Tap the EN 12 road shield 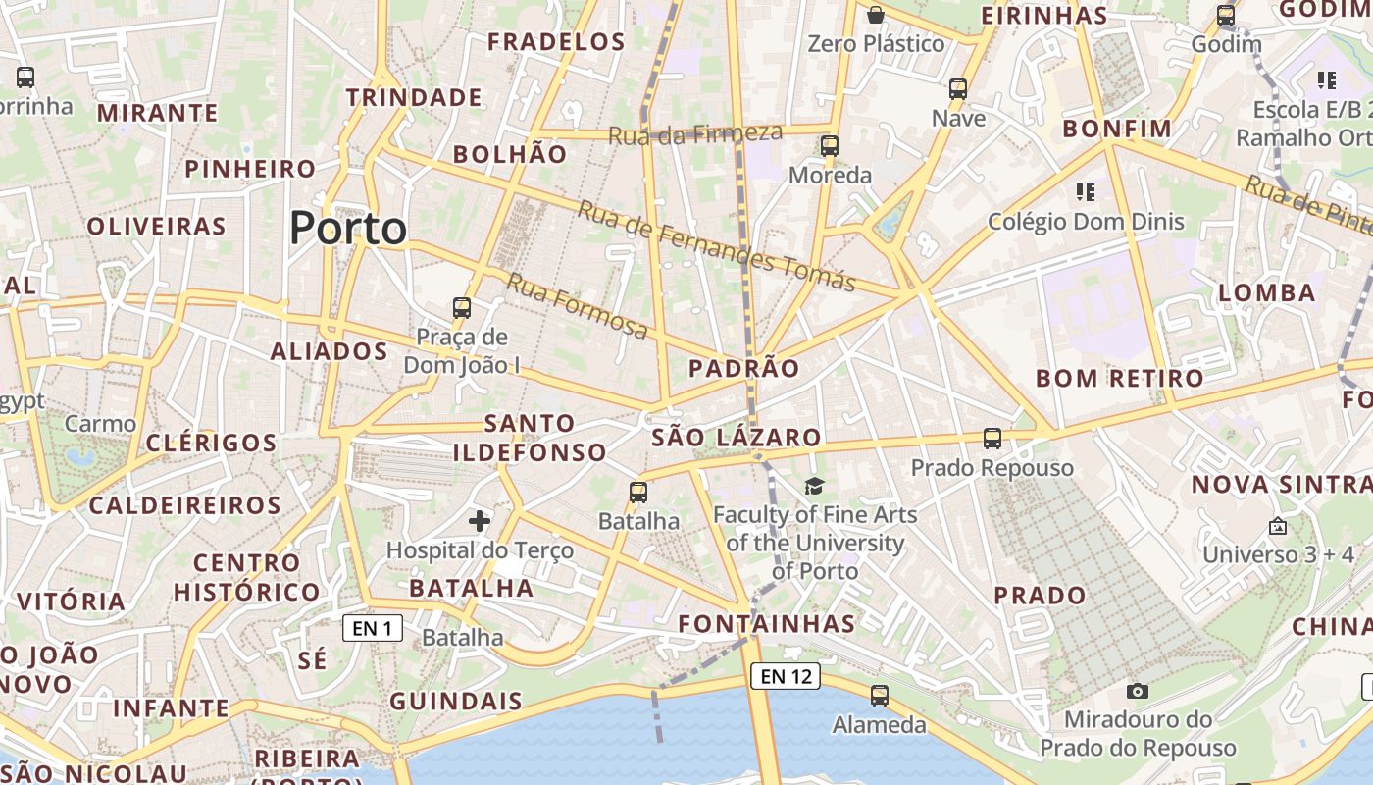[x=786, y=675]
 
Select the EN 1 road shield [x=373, y=628]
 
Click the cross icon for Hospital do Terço [x=480, y=520]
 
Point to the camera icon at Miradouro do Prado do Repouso [x=1137, y=691]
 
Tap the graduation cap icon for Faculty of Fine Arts [x=814, y=486]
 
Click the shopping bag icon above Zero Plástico [x=876, y=15]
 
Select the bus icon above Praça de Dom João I [x=462, y=308]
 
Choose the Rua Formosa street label [x=577, y=306]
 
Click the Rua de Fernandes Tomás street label [x=716, y=246]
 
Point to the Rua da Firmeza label [x=695, y=134]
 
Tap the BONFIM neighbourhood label [x=1117, y=129]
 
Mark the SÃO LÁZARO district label [x=737, y=438]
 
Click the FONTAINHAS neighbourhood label [x=767, y=623]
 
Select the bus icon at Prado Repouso [x=992, y=439]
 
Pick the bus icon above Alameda [x=880, y=696]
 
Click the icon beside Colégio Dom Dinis [x=1085, y=192]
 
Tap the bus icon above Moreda [x=830, y=146]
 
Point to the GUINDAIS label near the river [x=456, y=702]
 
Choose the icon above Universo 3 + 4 [x=1278, y=527]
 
